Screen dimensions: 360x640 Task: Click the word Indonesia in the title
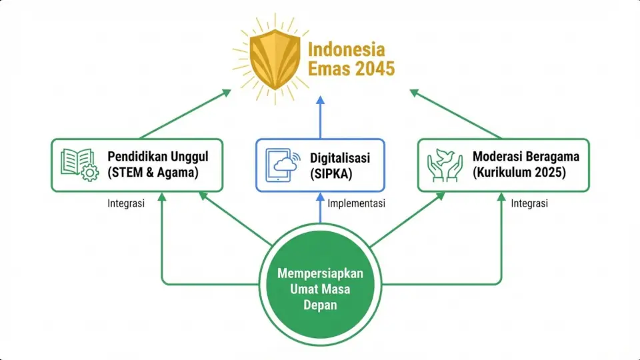pos(346,49)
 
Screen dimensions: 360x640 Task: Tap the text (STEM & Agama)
pos(154,173)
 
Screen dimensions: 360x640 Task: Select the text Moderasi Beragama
pos(526,157)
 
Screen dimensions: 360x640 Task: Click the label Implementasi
pos(357,203)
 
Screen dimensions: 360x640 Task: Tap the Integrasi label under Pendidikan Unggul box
pos(126,203)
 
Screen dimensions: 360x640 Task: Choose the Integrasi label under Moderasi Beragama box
pos(529,203)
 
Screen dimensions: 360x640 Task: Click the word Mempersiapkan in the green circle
pos(320,273)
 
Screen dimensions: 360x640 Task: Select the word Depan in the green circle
pos(320,305)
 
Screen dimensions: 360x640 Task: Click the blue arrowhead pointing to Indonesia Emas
pos(320,100)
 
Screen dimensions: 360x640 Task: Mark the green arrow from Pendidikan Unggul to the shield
pos(183,114)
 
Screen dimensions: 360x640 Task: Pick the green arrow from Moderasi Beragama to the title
pos(456,114)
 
